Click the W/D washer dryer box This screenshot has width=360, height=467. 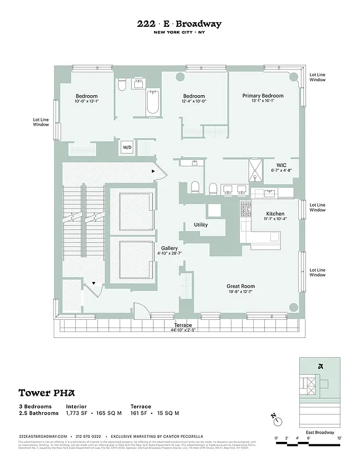127,148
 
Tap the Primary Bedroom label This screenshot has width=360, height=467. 263,96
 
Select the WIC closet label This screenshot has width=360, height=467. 281,166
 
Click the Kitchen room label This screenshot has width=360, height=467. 275,214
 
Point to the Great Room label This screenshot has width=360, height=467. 240,286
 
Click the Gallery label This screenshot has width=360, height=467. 169,248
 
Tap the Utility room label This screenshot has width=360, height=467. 201,225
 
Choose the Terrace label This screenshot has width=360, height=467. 183,325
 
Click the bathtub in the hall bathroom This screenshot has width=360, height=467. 152,102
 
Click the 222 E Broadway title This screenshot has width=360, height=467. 179,24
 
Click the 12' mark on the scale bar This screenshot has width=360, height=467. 338,437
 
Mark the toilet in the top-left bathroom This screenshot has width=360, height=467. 121,86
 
